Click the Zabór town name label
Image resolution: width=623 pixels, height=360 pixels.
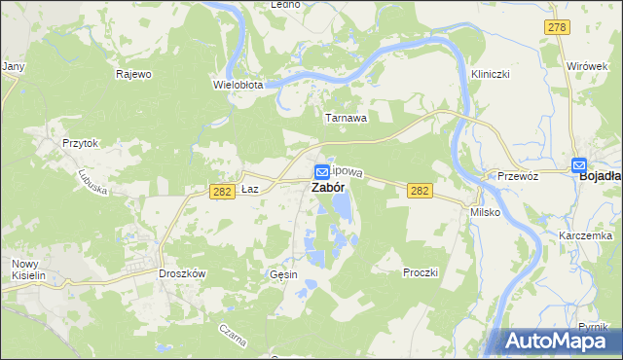(x=326, y=188)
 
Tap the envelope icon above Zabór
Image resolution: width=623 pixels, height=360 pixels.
(x=321, y=170)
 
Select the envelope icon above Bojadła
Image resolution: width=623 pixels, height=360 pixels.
(x=580, y=165)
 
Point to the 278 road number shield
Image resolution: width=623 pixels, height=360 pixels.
(x=556, y=28)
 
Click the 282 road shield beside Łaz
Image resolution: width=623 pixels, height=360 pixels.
(x=221, y=192)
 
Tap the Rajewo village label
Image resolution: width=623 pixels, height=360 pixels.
(x=133, y=74)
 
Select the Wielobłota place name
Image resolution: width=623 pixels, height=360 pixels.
(x=238, y=85)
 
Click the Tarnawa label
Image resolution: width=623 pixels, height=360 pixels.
(x=346, y=118)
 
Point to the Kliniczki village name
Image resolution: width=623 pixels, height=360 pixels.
(x=491, y=74)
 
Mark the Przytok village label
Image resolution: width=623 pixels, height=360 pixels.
(x=81, y=142)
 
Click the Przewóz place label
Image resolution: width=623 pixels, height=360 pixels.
(x=518, y=177)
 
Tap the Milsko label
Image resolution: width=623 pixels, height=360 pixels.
(x=485, y=211)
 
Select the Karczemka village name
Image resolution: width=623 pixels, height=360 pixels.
(x=585, y=236)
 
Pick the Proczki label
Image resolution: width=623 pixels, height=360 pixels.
(x=421, y=272)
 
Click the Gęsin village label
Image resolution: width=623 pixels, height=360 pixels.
(x=283, y=275)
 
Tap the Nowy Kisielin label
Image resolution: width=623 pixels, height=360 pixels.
(x=29, y=270)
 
